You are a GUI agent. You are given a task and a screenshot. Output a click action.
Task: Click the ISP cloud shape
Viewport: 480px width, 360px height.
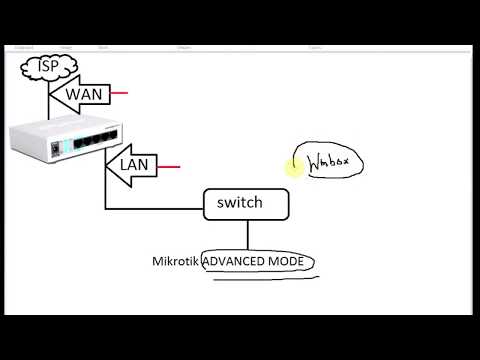click(42, 68)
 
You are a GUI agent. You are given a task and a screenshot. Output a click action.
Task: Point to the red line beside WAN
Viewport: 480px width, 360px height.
click(120, 94)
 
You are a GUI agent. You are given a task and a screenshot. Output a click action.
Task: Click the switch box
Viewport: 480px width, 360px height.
click(246, 203)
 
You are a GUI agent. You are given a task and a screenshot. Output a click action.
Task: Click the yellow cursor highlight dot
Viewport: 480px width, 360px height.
click(292, 168)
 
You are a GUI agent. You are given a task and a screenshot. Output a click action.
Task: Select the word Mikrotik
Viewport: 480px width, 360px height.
click(175, 262)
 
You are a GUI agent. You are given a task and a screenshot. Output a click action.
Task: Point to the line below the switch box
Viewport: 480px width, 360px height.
click(247, 235)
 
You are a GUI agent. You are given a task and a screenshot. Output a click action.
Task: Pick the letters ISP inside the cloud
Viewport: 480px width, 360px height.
click(41, 68)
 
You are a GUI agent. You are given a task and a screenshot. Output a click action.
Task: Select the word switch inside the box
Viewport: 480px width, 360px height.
click(240, 203)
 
